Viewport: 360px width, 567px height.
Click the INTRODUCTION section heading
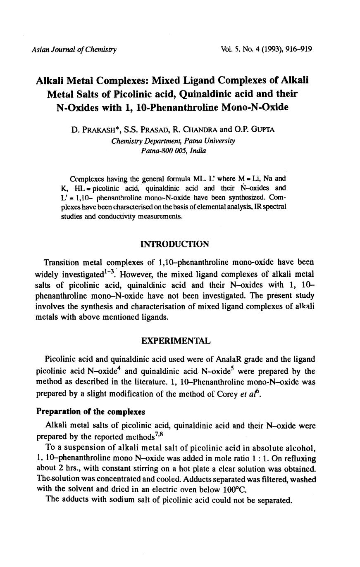175,244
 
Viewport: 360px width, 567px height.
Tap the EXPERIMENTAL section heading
176,341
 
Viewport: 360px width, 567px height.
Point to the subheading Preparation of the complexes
91,412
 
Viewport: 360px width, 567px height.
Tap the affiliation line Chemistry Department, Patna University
173,141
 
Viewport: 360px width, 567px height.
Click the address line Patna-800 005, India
173,151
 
